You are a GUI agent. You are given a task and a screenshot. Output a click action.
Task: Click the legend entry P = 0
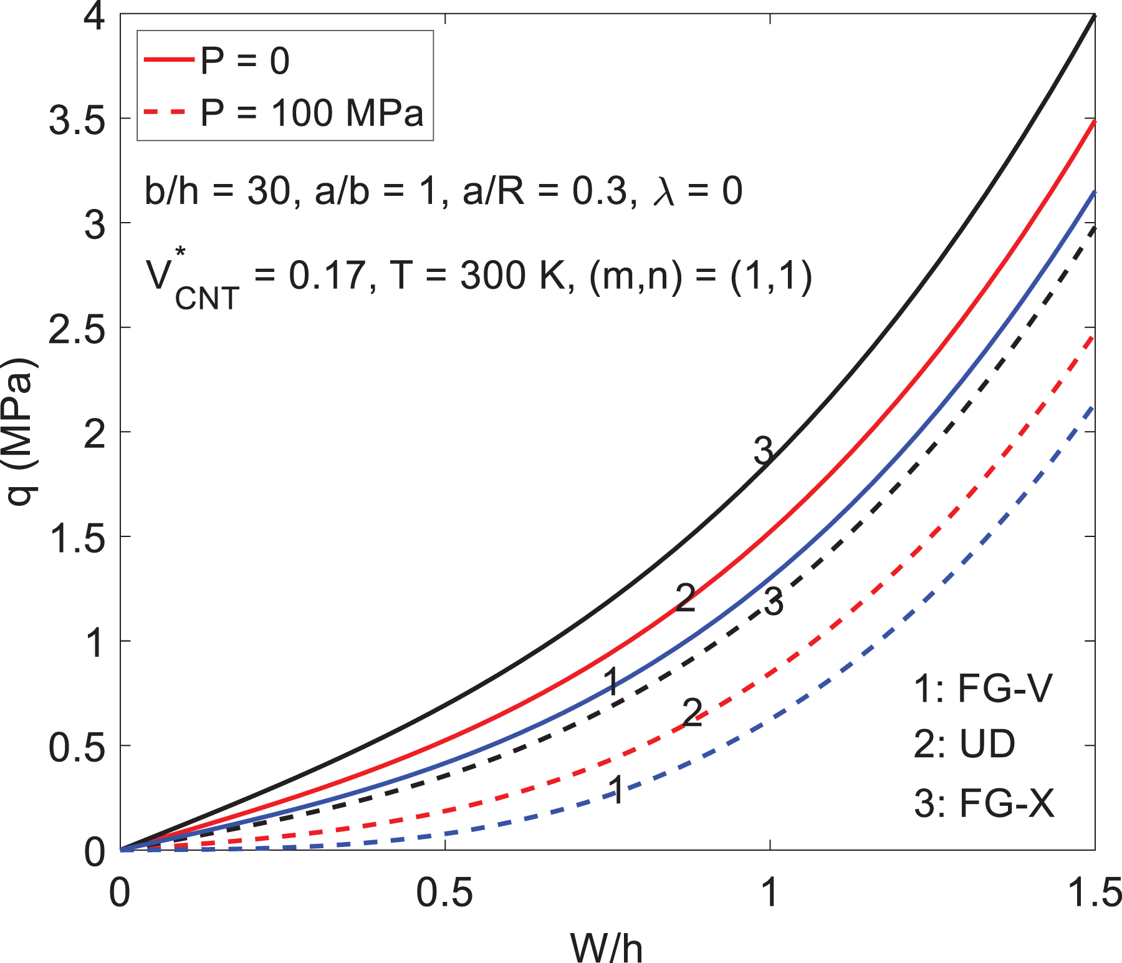tap(217, 60)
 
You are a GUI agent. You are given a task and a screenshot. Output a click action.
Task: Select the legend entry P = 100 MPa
tap(284, 113)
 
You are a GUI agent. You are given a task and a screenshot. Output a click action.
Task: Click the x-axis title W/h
tap(606, 947)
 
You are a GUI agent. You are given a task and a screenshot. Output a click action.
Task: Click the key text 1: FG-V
tap(983, 689)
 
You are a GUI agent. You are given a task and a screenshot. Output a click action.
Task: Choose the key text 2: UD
tap(964, 743)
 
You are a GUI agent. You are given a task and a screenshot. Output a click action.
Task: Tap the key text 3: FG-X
tap(984, 803)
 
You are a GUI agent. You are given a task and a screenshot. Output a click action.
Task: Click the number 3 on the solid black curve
tap(763, 450)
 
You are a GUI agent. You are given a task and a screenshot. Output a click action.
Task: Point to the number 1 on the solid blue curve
tap(612, 680)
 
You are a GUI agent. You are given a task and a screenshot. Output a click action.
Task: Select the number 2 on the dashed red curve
tap(693, 712)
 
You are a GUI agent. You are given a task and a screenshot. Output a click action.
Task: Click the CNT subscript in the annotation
tap(207, 298)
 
